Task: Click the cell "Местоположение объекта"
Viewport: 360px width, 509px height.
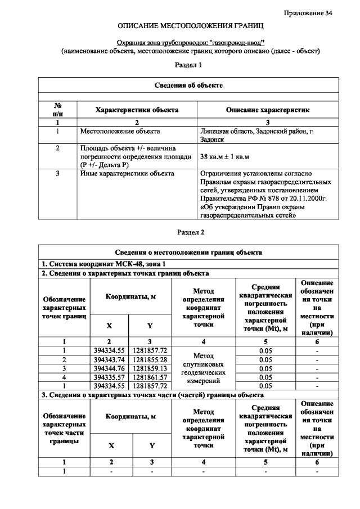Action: (x=120, y=131)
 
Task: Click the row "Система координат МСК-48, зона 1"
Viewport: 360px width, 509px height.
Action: (x=105, y=264)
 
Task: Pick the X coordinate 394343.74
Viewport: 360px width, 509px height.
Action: (x=109, y=359)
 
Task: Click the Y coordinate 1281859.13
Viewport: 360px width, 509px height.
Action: (x=150, y=368)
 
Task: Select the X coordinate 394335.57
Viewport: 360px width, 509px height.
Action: (x=109, y=377)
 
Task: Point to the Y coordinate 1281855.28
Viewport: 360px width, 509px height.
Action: (x=150, y=359)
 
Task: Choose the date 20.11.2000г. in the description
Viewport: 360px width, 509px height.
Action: (x=308, y=199)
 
